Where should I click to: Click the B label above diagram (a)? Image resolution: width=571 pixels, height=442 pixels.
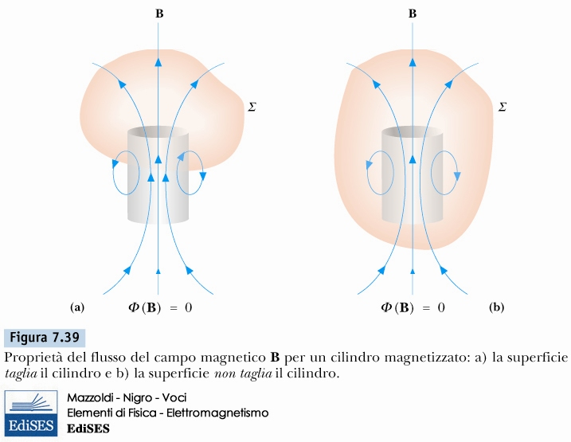tap(158, 14)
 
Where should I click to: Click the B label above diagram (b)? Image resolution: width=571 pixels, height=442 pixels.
tap(412, 14)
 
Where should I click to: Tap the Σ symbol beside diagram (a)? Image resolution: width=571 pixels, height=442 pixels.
tap(252, 105)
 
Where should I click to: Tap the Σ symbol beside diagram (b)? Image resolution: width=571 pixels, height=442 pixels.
tap(502, 105)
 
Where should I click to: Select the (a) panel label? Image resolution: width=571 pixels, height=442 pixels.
tap(77, 307)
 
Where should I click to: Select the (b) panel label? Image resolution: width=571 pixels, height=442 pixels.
tap(498, 307)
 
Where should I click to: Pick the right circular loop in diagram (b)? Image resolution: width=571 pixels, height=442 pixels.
tap(444, 173)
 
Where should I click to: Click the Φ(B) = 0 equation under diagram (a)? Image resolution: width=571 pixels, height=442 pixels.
tap(159, 307)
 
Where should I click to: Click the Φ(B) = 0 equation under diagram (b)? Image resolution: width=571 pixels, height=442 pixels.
tap(412, 307)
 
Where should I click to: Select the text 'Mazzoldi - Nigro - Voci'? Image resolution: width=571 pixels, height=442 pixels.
tap(127, 397)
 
